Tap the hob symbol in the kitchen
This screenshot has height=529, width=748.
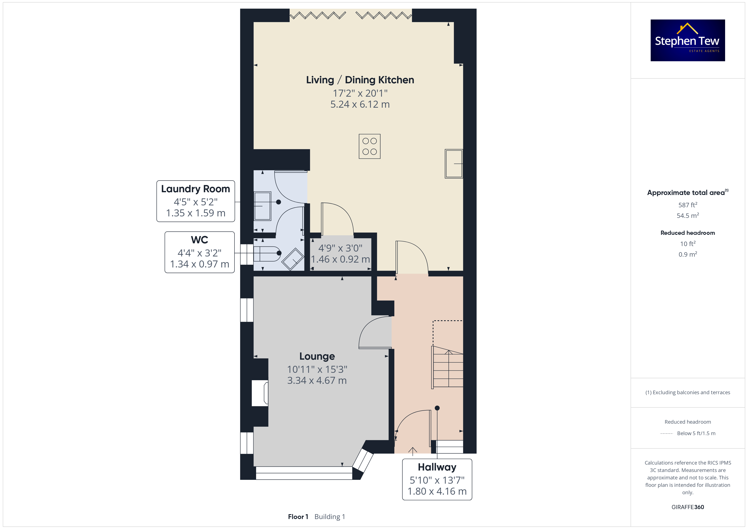pos(369,146)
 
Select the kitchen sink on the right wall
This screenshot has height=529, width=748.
pos(454,164)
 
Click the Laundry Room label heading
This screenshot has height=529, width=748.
pos(195,189)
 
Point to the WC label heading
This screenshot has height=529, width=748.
pos(199,240)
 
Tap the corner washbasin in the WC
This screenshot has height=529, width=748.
pos(293,259)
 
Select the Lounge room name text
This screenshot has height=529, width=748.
pos(317,356)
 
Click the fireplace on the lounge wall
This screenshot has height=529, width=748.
pos(260,393)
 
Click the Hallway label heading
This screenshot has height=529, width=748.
pos(437,467)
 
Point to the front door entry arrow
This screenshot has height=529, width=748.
pos(412,451)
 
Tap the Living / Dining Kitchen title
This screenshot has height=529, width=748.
pos(360,80)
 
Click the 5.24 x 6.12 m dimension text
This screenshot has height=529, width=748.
pos(360,104)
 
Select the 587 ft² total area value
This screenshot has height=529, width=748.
pos(688,205)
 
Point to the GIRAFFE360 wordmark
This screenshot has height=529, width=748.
pos(688,507)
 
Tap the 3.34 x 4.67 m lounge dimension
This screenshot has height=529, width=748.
pos(317,380)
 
